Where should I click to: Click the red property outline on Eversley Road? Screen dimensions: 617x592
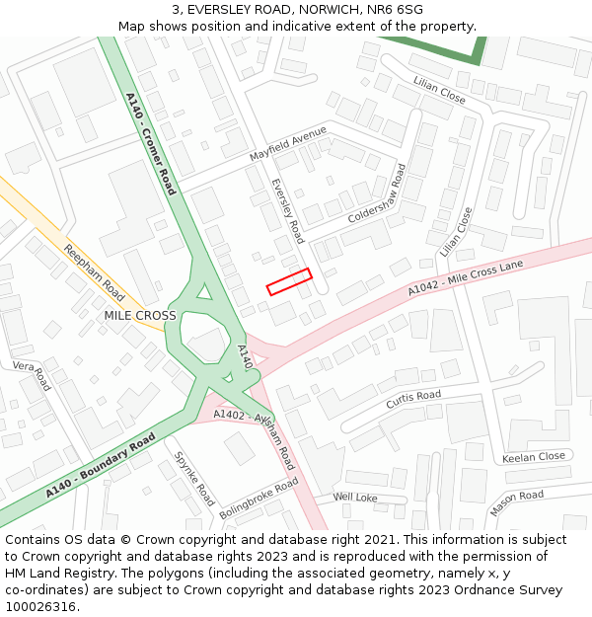289,281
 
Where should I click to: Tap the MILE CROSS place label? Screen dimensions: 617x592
140,316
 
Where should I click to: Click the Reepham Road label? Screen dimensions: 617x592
95,272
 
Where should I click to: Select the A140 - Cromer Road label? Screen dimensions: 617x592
151,144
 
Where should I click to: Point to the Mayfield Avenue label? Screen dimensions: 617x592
287,144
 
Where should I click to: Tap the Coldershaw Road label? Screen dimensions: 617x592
377,193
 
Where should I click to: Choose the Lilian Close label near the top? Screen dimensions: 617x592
439,90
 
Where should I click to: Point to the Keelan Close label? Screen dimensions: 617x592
534,457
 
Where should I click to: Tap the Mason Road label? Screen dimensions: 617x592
516,502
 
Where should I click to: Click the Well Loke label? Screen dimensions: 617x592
355,498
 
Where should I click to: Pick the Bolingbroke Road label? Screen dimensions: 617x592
259,500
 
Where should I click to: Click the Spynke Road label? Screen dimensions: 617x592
194,479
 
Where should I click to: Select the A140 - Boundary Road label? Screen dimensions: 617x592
101,464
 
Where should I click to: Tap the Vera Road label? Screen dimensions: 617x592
31,376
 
